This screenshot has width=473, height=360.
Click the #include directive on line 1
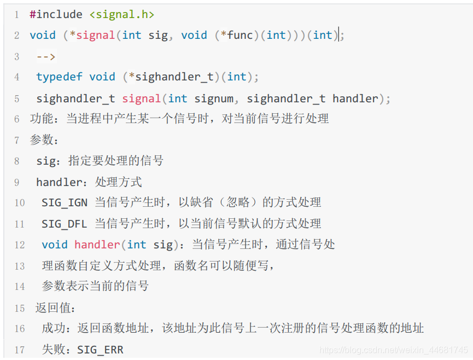(x=56, y=15)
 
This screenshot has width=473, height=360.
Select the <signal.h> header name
(x=121, y=15)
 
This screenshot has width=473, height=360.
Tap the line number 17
(x=19, y=350)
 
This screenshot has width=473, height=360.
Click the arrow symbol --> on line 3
(x=46, y=56)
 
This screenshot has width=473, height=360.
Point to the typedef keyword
(x=59, y=77)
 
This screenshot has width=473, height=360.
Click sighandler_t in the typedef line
(x=174, y=77)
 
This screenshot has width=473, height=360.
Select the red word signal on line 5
(x=141, y=98)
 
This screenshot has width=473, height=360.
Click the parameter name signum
(x=214, y=98)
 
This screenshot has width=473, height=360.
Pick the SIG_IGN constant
(x=65, y=202)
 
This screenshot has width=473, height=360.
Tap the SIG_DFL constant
(x=65, y=224)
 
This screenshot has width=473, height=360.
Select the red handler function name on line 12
(x=97, y=245)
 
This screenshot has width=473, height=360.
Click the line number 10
(x=19, y=202)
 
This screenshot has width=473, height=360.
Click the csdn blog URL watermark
(x=393, y=350)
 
